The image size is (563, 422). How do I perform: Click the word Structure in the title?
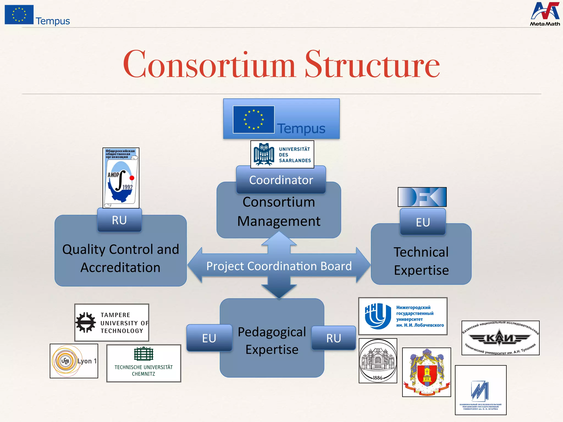coord(372,65)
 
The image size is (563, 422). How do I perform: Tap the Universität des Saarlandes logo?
coord(282,154)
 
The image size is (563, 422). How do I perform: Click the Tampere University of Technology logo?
coord(112,323)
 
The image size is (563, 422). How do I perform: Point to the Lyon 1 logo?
coord(74,361)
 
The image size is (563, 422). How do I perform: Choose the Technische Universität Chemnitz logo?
coord(143,363)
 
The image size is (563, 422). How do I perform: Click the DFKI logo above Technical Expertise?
coord(422,197)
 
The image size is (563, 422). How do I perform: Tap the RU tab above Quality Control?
coord(119,220)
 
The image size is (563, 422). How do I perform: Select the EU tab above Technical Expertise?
coord(423,222)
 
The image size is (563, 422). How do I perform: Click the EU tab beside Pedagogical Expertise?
coord(209,338)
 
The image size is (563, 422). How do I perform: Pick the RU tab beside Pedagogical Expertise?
coord(333,338)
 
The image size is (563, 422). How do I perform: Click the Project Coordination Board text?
coord(279,266)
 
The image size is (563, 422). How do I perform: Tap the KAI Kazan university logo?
coord(500,338)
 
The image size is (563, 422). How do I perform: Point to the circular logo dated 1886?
coord(378,361)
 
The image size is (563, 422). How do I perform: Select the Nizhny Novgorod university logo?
coord(403,316)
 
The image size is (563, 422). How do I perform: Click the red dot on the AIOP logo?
coord(132,178)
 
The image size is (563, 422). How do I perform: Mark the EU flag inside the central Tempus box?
coord(253,120)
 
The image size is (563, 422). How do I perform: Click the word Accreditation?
coord(120,268)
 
